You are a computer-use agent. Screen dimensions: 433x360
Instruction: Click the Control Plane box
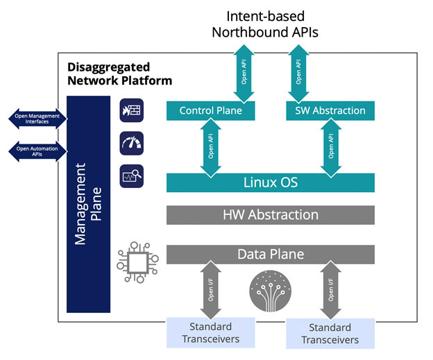pyautogui.click(x=210, y=111)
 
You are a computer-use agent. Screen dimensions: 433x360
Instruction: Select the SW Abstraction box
pyautogui.click(x=330, y=111)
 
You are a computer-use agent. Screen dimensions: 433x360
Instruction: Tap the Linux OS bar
pyautogui.click(x=271, y=182)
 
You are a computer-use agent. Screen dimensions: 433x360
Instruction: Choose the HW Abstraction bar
pyautogui.click(x=271, y=215)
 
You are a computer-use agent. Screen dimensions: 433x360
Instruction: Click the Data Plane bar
pyautogui.click(x=271, y=255)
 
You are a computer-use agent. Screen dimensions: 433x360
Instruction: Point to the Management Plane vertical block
pyautogui.click(x=88, y=205)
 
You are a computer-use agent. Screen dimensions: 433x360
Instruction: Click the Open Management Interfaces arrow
pyautogui.click(x=37, y=119)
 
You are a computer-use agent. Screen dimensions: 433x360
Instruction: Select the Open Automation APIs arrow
pyautogui.click(x=37, y=151)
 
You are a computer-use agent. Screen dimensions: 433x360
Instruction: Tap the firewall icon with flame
pyautogui.click(x=131, y=110)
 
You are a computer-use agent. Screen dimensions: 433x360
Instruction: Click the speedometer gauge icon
pyautogui.click(x=131, y=144)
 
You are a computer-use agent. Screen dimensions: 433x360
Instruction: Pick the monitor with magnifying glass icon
pyautogui.click(x=131, y=176)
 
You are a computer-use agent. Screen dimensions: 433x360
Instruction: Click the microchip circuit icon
pyautogui.click(x=137, y=262)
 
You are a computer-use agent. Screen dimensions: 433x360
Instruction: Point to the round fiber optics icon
pyautogui.click(x=271, y=291)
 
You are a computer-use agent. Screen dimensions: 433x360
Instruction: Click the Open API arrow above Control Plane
pyautogui.click(x=244, y=74)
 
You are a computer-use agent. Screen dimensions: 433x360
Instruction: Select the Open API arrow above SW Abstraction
pyautogui.click(x=298, y=74)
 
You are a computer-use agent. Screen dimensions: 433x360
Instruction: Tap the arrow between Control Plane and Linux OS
pyautogui.click(x=211, y=148)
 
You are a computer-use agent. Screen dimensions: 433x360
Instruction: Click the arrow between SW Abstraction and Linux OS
pyautogui.click(x=331, y=148)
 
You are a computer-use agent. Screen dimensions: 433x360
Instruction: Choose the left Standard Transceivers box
pyautogui.click(x=211, y=333)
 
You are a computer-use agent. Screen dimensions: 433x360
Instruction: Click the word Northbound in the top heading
pyautogui.click(x=251, y=33)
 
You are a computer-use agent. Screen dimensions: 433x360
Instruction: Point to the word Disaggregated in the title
pyautogui.click(x=109, y=68)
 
